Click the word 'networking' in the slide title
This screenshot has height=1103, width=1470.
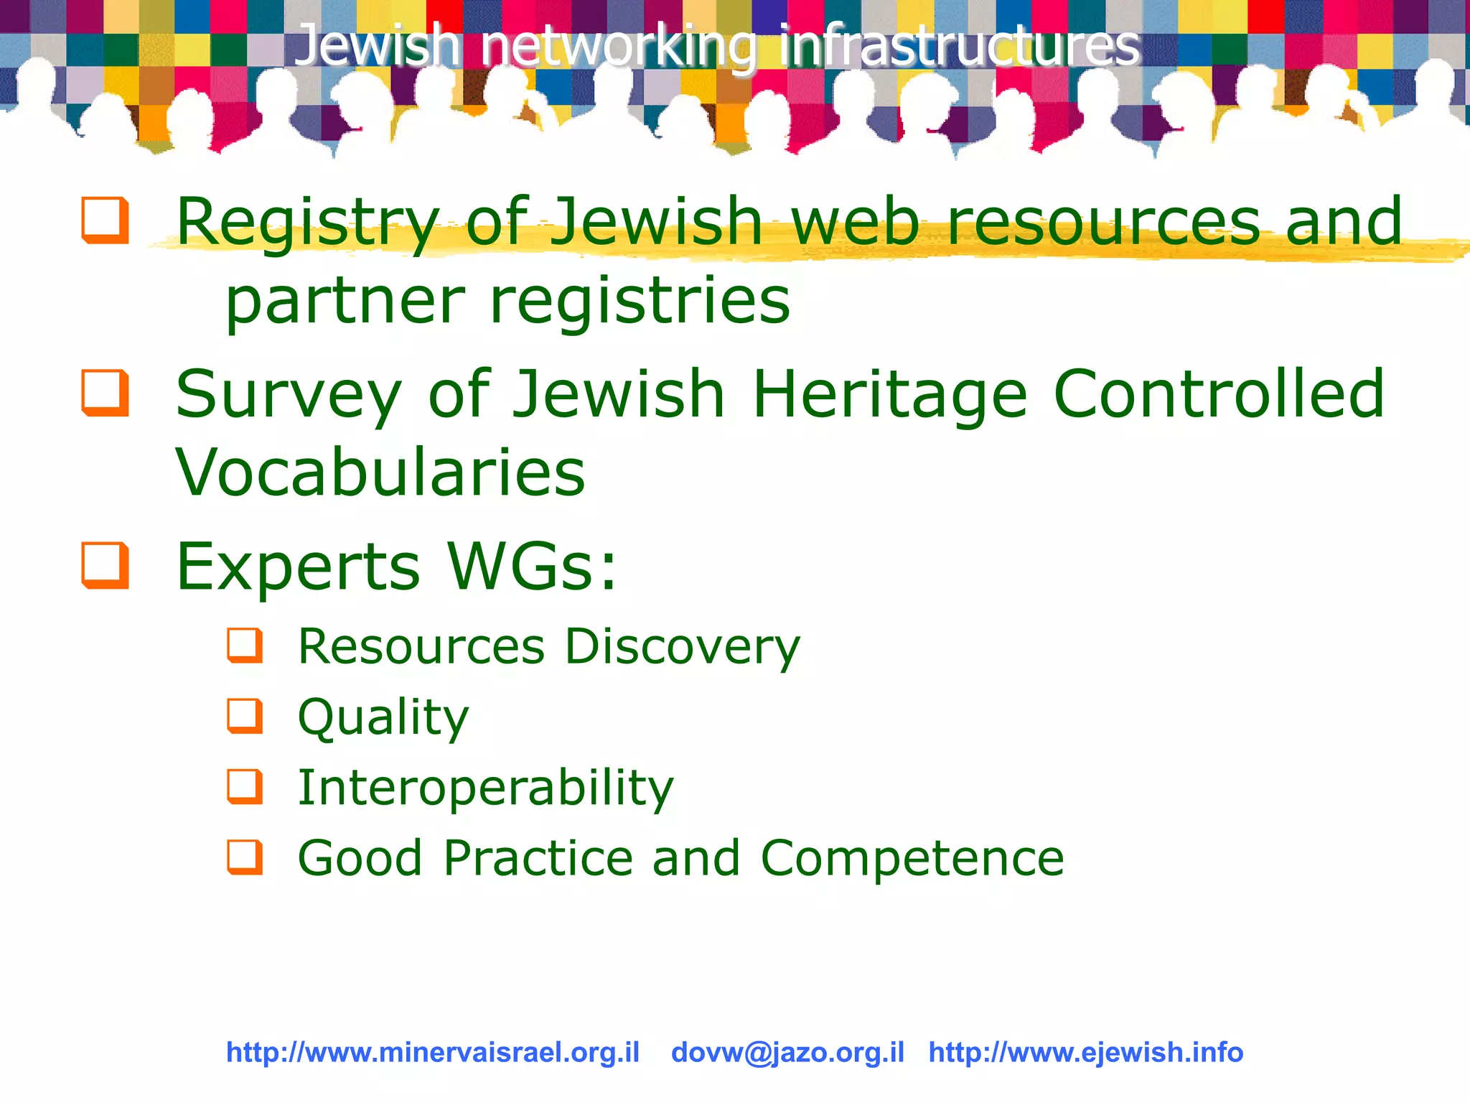pyautogui.click(x=617, y=46)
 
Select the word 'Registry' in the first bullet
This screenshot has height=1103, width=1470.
pyautogui.click(x=307, y=223)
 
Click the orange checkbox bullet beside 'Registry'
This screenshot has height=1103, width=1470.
pyautogui.click(x=106, y=220)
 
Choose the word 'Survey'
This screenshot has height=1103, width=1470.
pyautogui.click(x=288, y=395)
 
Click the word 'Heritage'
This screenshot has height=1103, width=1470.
pyautogui.click(x=890, y=395)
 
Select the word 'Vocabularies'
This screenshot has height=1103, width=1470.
pyautogui.click(x=380, y=473)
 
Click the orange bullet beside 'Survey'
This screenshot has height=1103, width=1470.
pyautogui.click(x=106, y=393)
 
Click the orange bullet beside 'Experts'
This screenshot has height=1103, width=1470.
pyautogui.click(x=106, y=566)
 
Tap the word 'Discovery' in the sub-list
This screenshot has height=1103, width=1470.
pyautogui.click(x=682, y=647)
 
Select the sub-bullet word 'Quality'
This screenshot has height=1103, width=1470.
pyautogui.click(x=383, y=717)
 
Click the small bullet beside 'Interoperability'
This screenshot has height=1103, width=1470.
pyautogui.click(x=245, y=786)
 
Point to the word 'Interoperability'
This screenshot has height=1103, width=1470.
pyautogui.click(x=486, y=788)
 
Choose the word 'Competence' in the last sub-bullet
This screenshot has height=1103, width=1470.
pyautogui.click(x=912, y=857)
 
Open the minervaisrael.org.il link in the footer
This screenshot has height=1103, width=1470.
pyautogui.click(x=433, y=1052)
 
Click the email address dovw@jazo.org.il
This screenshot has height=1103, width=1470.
pyautogui.click(x=787, y=1052)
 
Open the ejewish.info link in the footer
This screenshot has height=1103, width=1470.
pyautogui.click(x=1085, y=1052)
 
